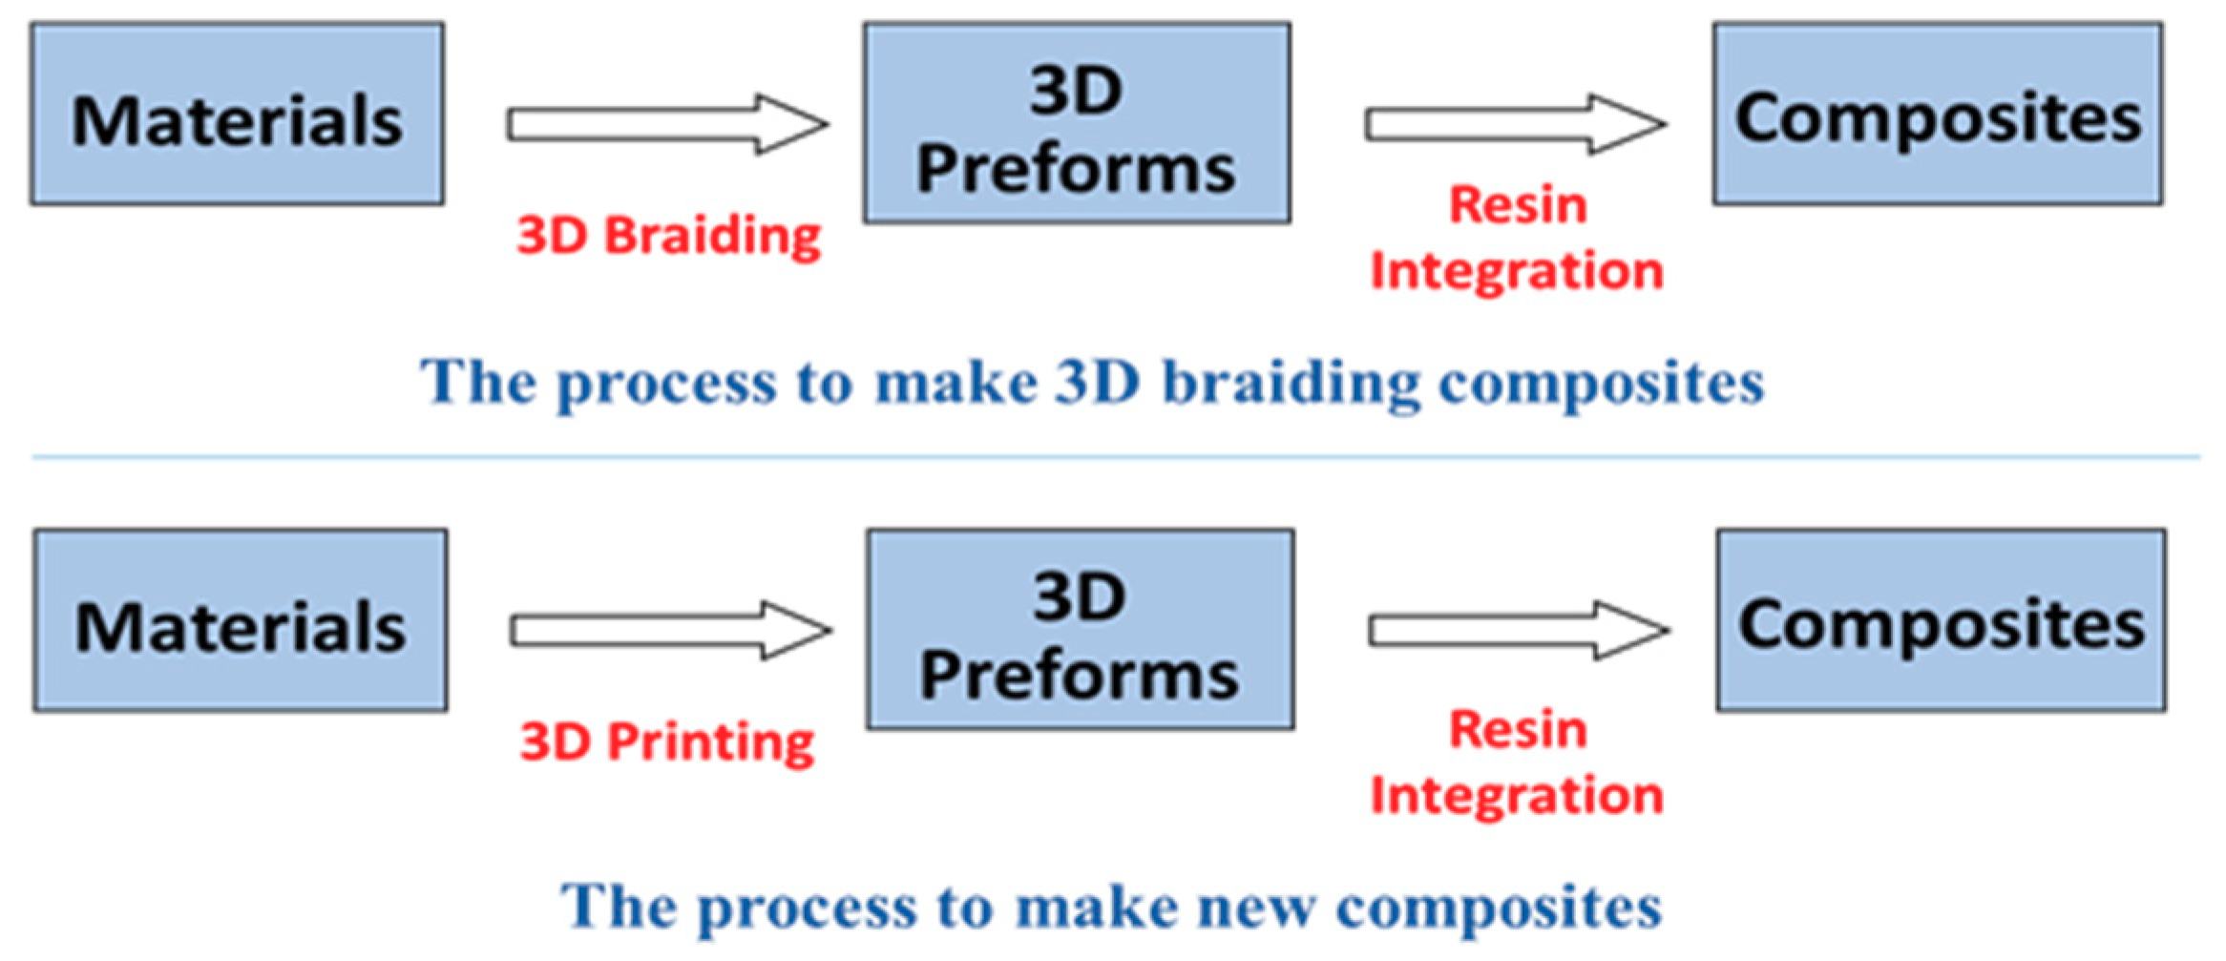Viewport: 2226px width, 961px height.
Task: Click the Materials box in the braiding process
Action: pos(237,115)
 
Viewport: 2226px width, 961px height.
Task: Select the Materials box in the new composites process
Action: pos(241,621)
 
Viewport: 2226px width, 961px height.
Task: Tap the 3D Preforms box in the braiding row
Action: pos(1077,124)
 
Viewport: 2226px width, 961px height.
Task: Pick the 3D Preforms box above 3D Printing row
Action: pos(1081,630)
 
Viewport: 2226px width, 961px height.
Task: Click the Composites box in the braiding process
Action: pos(1938,115)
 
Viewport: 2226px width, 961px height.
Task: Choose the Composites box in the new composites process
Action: pos(1942,621)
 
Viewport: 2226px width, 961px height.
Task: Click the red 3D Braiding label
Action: pos(668,236)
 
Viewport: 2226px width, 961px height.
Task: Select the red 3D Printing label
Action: pos(667,742)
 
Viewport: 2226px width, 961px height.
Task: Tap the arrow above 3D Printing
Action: pos(670,631)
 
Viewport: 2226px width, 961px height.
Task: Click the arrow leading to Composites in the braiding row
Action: pos(1515,124)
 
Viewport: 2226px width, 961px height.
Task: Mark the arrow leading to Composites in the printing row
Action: pos(1519,631)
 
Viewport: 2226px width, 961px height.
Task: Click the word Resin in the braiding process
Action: pos(1518,205)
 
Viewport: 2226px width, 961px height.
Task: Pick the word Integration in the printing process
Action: pos(1517,795)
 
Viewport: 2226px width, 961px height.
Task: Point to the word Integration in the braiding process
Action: pos(1517,271)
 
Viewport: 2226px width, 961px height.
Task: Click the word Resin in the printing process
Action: pos(1518,730)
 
